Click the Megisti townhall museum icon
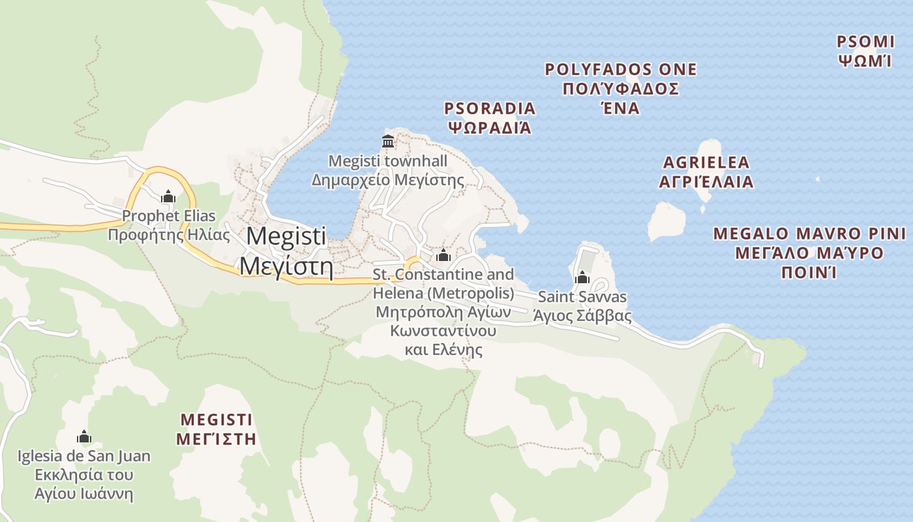[388, 141]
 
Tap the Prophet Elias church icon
[168, 196]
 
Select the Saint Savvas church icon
[582, 278]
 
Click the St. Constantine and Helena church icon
[443, 255]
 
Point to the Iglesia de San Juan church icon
[83, 437]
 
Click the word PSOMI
[865, 42]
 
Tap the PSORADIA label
[490, 108]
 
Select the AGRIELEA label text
[706, 162]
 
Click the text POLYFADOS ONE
[621, 69]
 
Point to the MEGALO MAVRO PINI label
[809, 234]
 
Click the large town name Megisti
[287, 236]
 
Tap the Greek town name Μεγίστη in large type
[286, 266]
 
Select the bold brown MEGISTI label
[216, 419]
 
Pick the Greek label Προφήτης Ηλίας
[169, 234]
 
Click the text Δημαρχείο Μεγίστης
[387, 179]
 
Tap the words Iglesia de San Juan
[83, 456]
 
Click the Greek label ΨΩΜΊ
[865, 61]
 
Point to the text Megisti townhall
[388, 161]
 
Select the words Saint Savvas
[582, 297]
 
